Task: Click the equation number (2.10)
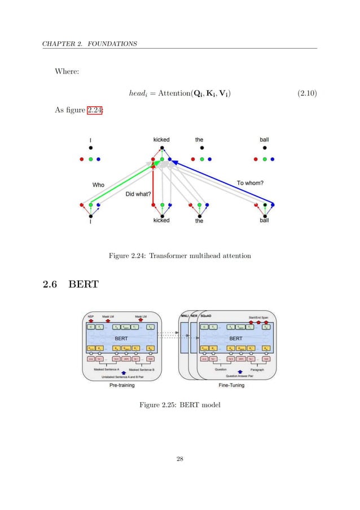pos(306,93)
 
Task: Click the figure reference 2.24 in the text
pos(94,110)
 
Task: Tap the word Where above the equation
pos(67,71)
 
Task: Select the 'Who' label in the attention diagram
pos(99,184)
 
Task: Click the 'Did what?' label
pos(138,194)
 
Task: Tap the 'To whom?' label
pos(251,182)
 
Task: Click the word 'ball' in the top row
pos(264,139)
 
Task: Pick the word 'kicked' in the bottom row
pos(161,221)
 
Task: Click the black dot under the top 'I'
pos(90,148)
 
